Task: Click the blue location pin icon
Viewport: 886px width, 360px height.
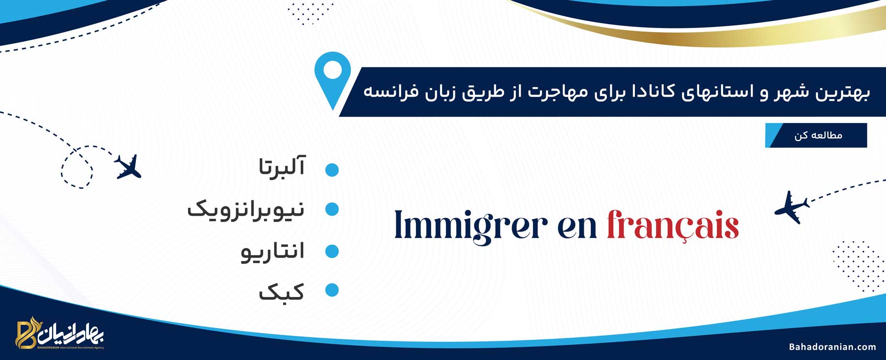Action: coord(333,79)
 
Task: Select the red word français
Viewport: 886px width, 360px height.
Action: coord(673,226)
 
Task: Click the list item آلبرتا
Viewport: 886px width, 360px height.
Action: coord(282,166)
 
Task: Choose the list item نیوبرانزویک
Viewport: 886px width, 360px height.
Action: coord(246,209)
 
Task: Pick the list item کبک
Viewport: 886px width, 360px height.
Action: coord(282,291)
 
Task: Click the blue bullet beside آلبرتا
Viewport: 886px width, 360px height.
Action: coord(332,170)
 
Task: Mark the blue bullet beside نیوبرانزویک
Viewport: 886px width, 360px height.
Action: coord(332,209)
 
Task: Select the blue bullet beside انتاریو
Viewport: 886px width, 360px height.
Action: coord(332,251)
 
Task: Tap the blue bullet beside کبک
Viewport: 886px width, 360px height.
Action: coord(332,290)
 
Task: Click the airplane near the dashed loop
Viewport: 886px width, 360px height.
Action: coord(128,166)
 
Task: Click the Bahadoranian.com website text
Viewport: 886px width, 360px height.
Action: coord(832,347)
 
